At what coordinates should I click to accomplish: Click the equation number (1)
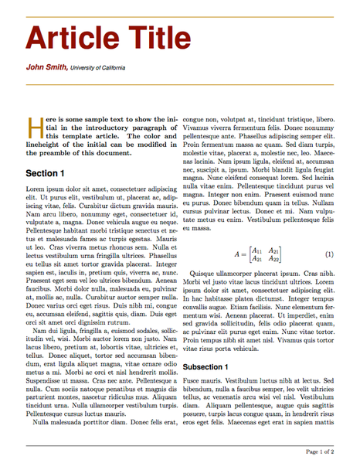pos(328,254)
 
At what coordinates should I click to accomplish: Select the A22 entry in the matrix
pos(274,259)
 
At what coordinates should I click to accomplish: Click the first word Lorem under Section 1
pos(36,189)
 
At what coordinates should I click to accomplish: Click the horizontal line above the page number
pos(180,444)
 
